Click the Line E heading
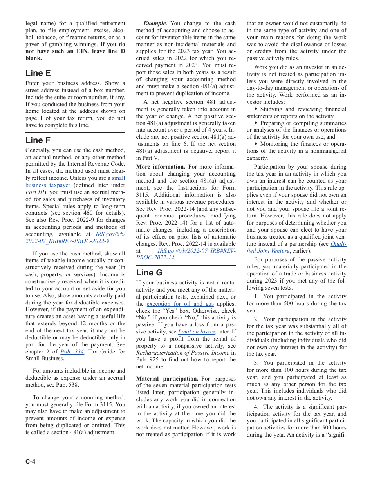point(38,73)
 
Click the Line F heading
point(38,140)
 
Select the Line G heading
point(149,272)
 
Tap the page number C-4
point(31,461)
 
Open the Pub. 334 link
point(72,352)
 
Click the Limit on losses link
point(196,332)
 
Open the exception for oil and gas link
point(180,304)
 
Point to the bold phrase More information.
point(161,167)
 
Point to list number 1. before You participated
point(256,296)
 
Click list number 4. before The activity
point(256,407)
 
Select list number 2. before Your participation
point(256,319)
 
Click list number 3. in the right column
point(256,363)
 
